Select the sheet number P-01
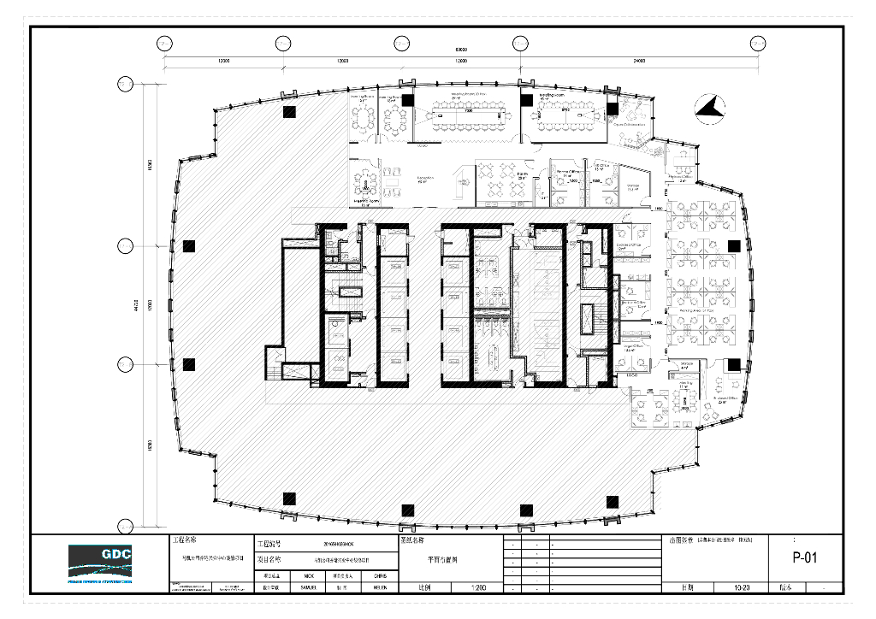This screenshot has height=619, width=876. tap(806, 559)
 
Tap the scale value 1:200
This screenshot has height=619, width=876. tap(478, 588)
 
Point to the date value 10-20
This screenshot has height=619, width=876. tap(743, 588)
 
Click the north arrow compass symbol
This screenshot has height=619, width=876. tap(710, 109)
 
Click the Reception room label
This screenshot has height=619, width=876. tap(425, 179)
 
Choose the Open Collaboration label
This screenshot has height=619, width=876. tap(630, 125)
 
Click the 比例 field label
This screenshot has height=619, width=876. tap(423, 588)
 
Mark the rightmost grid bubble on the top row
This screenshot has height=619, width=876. tap(757, 43)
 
